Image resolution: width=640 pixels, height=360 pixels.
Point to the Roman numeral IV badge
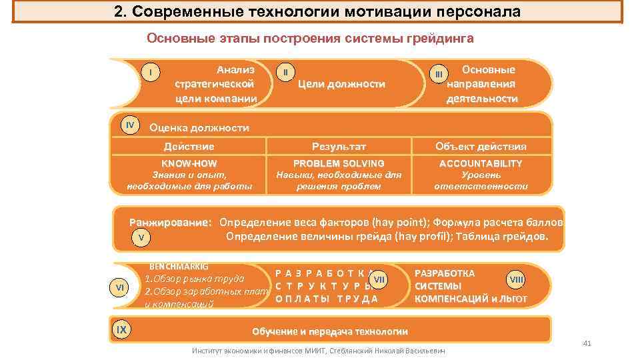(x=130, y=125)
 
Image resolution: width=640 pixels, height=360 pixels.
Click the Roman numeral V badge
(x=141, y=237)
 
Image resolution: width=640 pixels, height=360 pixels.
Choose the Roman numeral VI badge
(x=121, y=287)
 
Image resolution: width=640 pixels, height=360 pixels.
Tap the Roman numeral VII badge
(x=379, y=277)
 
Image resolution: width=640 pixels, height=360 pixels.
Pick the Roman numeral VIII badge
(x=516, y=278)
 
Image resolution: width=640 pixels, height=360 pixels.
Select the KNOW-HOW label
(x=189, y=163)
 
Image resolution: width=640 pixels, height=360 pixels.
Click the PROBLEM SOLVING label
(x=339, y=163)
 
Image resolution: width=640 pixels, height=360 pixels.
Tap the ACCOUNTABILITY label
(x=480, y=163)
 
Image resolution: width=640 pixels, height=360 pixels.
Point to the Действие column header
(x=189, y=146)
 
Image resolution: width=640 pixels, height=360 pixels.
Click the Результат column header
(x=339, y=146)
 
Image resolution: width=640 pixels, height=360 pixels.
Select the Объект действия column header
(x=480, y=146)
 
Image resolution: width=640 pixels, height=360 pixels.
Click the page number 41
(x=587, y=343)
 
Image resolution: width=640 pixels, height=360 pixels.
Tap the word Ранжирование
(x=171, y=223)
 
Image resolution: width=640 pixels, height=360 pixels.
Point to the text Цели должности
(x=341, y=84)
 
